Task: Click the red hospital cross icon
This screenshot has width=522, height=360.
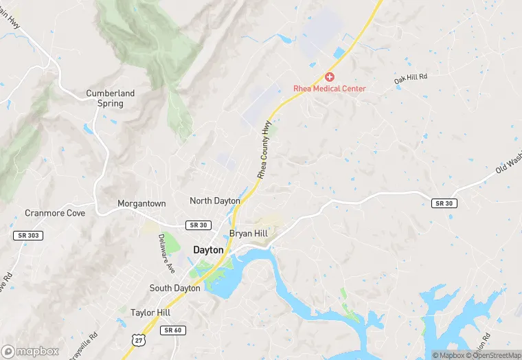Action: click(x=330, y=77)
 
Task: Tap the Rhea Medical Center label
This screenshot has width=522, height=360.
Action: click(x=330, y=89)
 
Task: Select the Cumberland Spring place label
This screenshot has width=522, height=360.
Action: click(x=110, y=98)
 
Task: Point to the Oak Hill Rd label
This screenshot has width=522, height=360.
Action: click(x=411, y=79)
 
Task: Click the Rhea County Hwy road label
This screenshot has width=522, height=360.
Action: click(x=264, y=151)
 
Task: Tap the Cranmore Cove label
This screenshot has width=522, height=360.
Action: click(x=55, y=213)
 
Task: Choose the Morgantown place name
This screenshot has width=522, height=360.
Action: click(x=141, y=204)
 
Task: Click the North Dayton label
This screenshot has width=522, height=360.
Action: click(x=215, y=201)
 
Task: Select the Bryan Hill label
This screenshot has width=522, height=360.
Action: click(x=248, y=234)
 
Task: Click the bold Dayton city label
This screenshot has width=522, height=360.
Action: click(x=208, y=250)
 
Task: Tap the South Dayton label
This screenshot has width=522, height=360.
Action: click(x=174, y=288)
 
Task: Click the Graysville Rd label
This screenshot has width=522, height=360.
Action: click(x=84, y=346)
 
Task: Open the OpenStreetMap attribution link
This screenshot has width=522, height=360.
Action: click(x=493, y=355)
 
